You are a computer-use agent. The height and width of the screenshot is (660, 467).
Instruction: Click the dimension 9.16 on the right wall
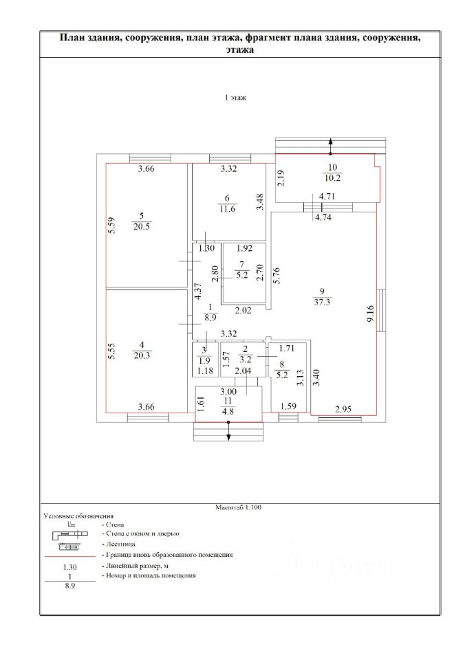[370, 312]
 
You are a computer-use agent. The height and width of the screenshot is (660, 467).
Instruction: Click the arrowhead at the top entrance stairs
[331, 141]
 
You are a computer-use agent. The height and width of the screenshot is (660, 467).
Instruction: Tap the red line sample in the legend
[68, 554]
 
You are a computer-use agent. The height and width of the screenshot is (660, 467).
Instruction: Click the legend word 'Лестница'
[121, 543]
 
